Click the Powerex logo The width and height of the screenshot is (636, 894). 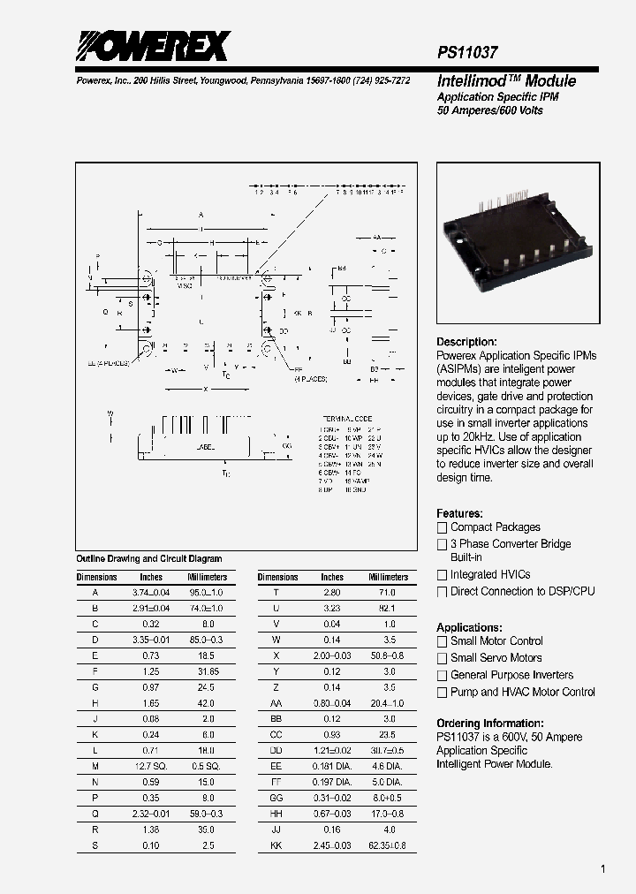[153, 45]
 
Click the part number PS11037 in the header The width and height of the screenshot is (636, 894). [467, 53]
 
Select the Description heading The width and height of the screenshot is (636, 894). [466, 342]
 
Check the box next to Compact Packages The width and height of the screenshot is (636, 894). [443, 527]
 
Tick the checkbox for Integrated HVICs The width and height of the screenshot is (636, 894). [443, 575]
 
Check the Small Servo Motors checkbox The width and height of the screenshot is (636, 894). [443, 658]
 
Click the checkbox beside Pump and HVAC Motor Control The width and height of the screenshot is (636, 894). [443, 693]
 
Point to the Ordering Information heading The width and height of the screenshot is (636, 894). [490, 723]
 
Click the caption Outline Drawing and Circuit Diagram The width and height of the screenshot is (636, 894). [148, 558]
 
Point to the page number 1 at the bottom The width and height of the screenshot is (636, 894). [602, 869]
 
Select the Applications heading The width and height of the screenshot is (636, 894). [469, 627]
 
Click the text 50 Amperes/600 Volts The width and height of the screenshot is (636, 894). [490, 110]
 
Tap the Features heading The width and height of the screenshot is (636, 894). [459, 513]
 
